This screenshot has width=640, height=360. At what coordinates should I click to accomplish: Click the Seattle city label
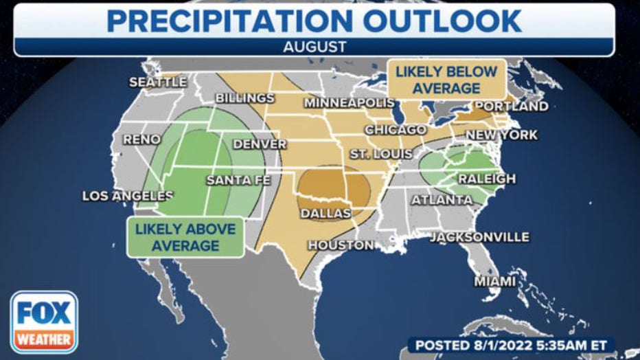(158, 82)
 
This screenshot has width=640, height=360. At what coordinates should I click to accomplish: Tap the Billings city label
(245, 98)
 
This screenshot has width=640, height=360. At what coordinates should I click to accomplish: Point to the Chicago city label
(396, 129)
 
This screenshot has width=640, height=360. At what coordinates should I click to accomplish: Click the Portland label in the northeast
(512, 106)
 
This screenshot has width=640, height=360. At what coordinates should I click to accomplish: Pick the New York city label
(502, 135)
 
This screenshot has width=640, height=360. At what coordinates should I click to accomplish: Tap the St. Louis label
(381, 153)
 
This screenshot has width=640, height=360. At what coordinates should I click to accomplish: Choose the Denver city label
(260, 144)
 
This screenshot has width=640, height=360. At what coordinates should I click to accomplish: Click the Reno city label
(141, 139)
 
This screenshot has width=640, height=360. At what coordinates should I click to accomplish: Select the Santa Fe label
(238, 181)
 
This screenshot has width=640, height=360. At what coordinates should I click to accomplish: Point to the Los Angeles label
(127, 196)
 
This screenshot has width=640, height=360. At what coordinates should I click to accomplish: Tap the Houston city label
(341, 245)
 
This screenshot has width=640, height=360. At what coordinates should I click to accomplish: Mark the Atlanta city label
(442, 201)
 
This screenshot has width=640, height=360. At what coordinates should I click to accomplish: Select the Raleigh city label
(487, 179)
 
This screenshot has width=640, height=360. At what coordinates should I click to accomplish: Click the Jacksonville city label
(479, 237)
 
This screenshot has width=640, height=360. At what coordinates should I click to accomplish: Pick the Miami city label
(494, 282)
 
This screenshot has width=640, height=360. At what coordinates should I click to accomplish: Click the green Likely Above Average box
(185, 237)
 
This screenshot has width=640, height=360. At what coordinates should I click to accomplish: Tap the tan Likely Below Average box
(446, 80)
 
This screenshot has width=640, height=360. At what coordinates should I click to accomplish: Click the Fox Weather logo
(43, 322)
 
